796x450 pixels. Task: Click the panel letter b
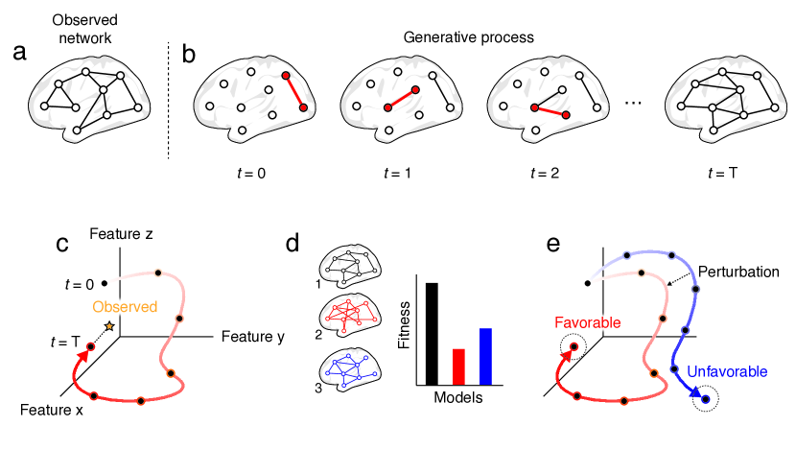coord(188,53)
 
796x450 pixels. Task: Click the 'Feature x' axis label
coord(45,409)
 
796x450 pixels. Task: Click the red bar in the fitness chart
coord(458,366)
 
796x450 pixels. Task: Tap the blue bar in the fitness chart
coord(485,355)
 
